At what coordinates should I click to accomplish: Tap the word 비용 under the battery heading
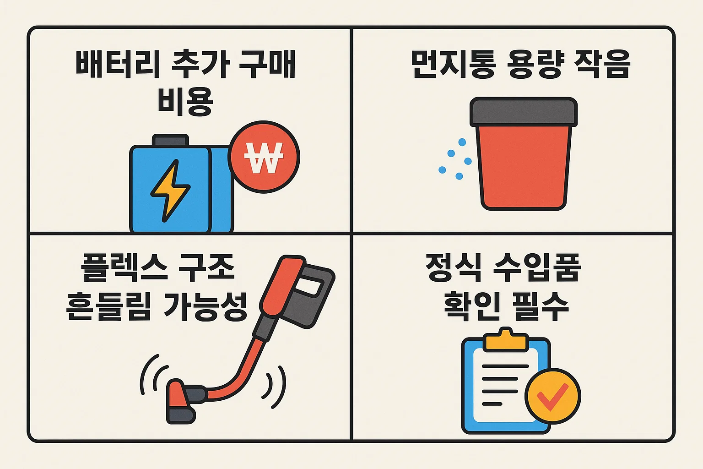pos(185,101)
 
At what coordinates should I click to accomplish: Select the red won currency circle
pos(264,157)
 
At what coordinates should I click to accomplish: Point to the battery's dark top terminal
pos(170,140)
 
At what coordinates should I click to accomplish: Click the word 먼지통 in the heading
pos(453,64)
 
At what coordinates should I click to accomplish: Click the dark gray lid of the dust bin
pos(524,112)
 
